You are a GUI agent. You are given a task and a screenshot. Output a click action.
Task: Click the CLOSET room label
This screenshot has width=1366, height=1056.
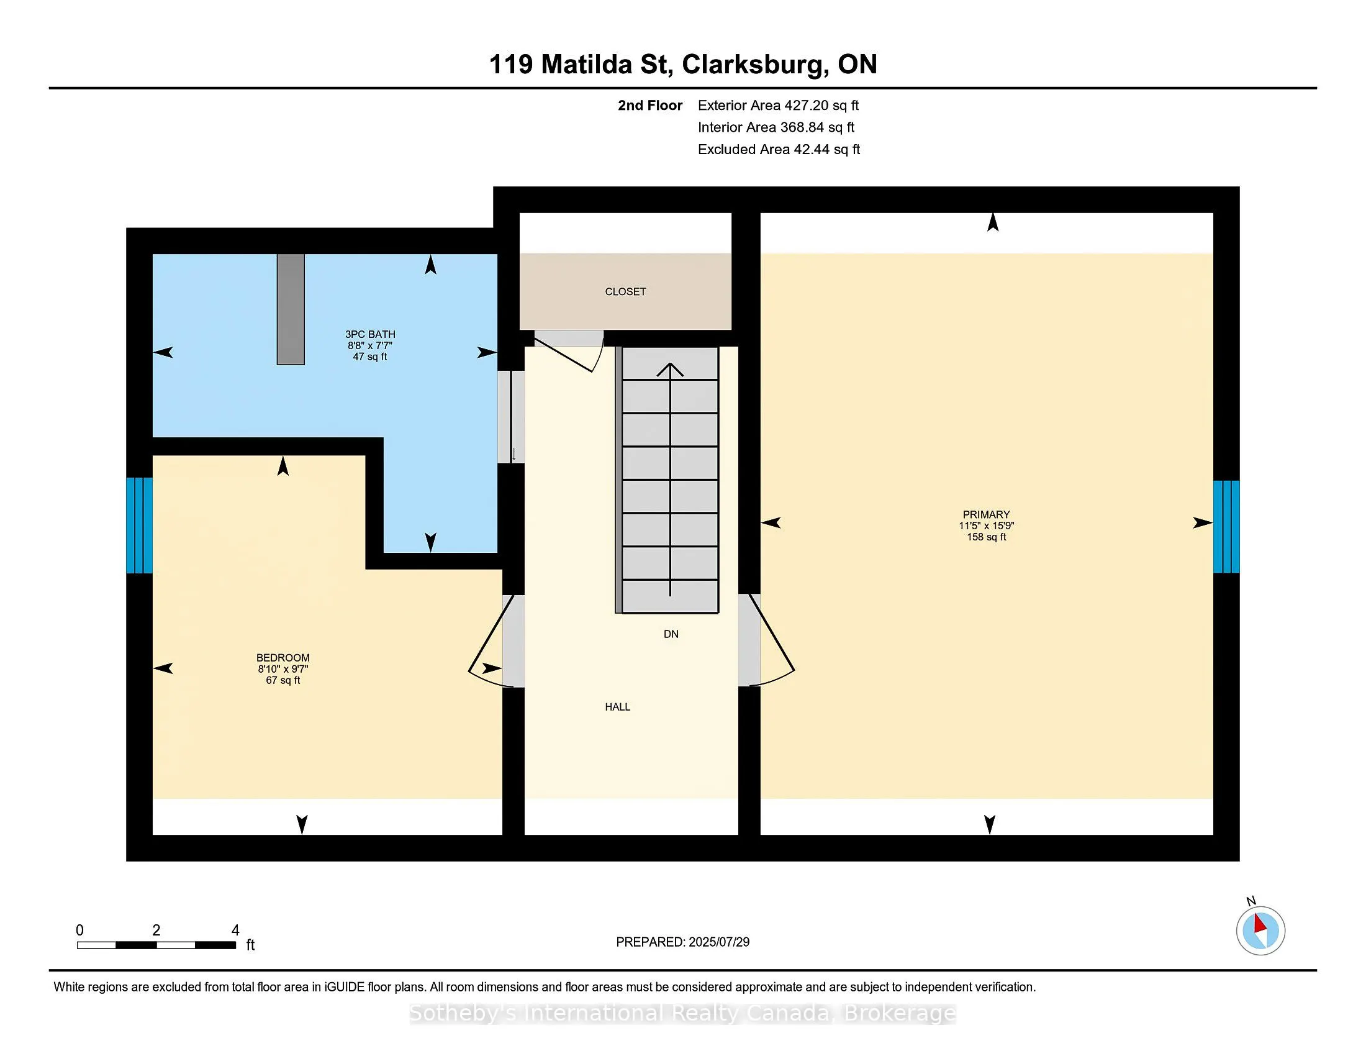[x=625, y=291]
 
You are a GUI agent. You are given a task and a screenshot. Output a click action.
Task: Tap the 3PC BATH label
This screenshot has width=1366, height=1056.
[x=370, y=334]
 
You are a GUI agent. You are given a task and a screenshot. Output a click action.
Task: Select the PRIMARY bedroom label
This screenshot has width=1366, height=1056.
[x=987, y=514]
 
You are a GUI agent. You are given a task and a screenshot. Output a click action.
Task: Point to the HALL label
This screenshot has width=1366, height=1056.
[x=617, y=707]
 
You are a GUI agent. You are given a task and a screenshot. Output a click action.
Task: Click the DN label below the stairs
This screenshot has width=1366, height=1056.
[x=671, y=634]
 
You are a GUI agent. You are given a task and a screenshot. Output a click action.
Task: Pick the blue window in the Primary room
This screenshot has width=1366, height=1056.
[x=1226, y=527]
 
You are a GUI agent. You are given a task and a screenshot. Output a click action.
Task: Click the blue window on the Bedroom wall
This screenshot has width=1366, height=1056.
[x=140, y=526]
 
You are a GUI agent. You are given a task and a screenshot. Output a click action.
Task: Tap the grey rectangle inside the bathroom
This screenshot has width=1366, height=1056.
[x=291, y=309]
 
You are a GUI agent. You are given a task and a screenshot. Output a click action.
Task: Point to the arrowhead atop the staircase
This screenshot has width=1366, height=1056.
[x=670, y=369]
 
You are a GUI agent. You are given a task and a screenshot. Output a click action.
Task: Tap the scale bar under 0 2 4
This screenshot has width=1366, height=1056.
[x=156, y=945]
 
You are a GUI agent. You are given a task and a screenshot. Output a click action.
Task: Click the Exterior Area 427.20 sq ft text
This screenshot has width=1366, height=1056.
[x=778, y=105]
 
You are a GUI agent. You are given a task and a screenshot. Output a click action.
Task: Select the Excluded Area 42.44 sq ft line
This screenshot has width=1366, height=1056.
[x=779, y=149]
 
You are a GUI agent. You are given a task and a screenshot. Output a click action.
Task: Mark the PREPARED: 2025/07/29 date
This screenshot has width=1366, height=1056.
[x=682, y=942]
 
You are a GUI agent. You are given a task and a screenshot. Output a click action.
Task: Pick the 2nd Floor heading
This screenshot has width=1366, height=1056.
[x=650, y=105]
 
